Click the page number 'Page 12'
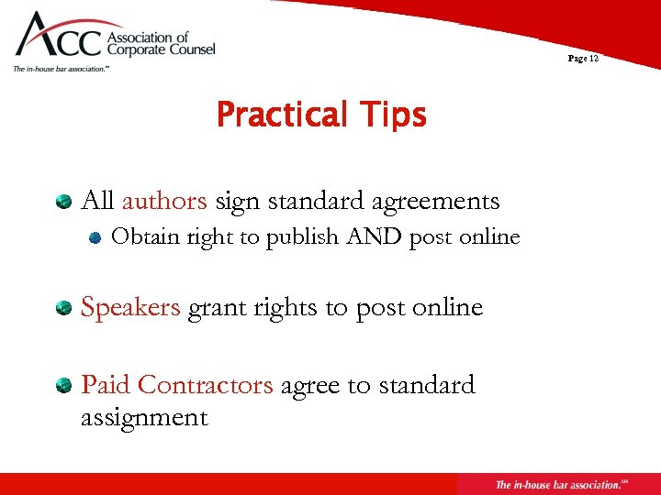coord(583,59)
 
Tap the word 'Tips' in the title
coord(394,115)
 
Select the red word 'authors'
coord(164,200)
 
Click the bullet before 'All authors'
coord(63,200)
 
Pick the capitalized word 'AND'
coord(375,236)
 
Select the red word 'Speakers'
coord(130,307)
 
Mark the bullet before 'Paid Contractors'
coord(63,385)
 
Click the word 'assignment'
coord(144,417)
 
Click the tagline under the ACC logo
coord(61,69)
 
